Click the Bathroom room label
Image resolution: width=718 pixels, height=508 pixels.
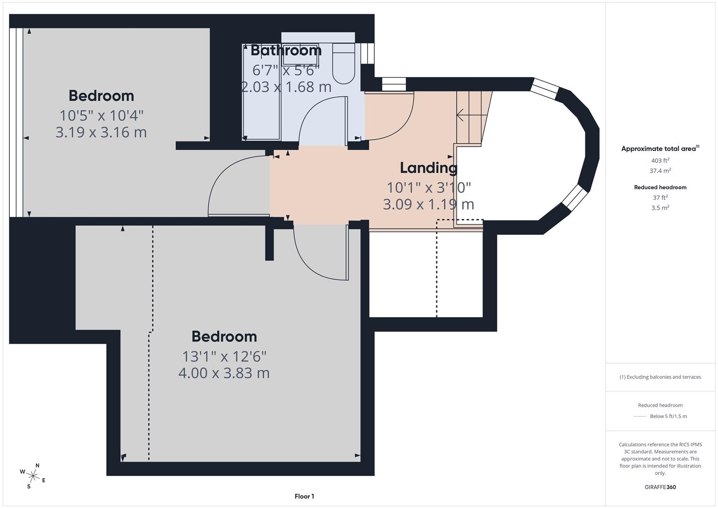286,50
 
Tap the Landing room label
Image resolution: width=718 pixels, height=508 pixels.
428,168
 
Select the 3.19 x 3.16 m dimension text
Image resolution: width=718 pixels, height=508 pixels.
101,132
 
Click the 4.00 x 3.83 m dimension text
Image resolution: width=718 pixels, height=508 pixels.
224,373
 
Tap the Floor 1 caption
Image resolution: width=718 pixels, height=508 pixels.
304,496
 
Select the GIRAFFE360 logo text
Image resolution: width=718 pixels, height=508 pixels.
660,487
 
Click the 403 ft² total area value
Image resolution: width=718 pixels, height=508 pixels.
660,160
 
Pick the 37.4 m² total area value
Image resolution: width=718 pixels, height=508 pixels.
660,171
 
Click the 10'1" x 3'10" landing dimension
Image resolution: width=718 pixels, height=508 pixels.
428,188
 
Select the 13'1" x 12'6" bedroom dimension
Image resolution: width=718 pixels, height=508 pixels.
224,356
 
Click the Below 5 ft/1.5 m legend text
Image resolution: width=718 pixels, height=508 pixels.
668,416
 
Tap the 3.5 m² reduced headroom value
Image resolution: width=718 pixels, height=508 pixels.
660,207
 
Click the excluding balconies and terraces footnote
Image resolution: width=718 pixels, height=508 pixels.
660,377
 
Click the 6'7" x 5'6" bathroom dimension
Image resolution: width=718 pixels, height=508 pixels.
286,71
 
